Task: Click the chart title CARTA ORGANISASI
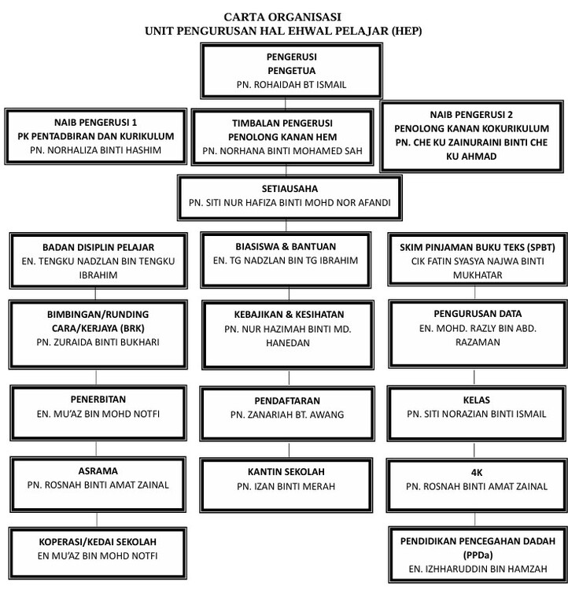click(282, 17)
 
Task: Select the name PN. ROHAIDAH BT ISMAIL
click(291, 85)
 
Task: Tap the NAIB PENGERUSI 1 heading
click(96, 122)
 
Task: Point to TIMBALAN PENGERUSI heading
click(282, 123)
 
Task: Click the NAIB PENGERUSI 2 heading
click(471, 114)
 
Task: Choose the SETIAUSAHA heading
click(290, 189)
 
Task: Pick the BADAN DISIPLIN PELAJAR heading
click(98, 247)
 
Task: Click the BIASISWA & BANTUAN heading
click(286, 246)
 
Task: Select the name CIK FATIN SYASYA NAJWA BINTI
click(478, 261)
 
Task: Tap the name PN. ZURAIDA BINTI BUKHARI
click(98, 342)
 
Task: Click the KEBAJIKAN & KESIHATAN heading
click(289, 314)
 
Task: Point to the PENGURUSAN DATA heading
click(478, 313)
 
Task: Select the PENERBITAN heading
click(98, 399)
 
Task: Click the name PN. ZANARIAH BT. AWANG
click(287, 415)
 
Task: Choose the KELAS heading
click(477, 400)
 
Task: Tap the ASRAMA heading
click(98, 470)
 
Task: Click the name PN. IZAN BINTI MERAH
click(286, 486)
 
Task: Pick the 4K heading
click(477, 472)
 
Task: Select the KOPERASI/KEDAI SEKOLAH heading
click(98, 542)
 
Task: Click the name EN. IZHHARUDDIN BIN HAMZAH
click(478, 569)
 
